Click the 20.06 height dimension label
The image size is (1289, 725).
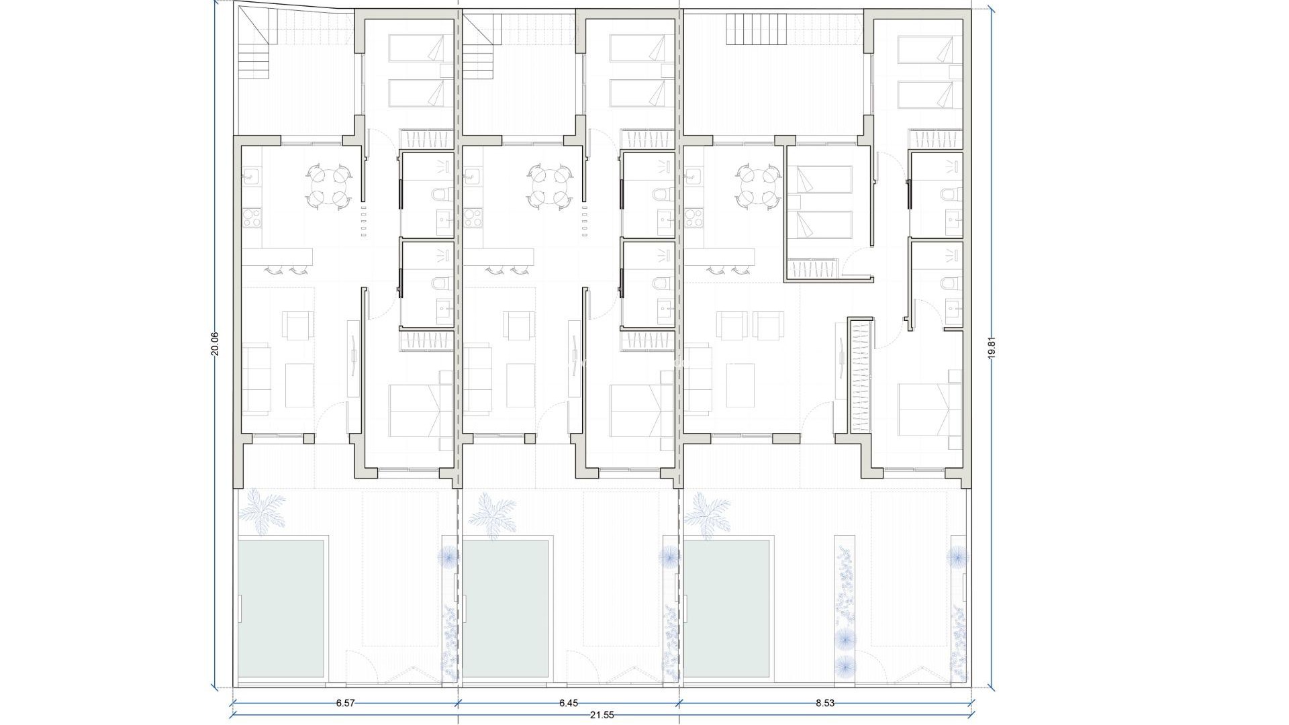(x=215, y=343)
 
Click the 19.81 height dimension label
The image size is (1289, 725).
(x=991, y=348)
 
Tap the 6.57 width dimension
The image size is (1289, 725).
(x=345, y=704)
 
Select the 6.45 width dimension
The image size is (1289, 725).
(x=568, y=704)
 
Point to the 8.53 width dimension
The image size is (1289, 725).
(x=825, y=704)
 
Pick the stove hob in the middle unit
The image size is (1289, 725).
(x=473, y=217)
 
